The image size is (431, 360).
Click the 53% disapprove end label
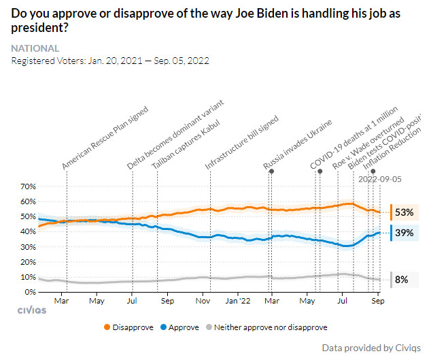click(404, 212)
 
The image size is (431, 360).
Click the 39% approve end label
click(404, 233)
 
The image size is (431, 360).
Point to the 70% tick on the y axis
click(28, 186)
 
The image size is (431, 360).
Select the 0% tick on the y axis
click(31, 292)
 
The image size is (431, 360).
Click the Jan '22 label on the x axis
click(239, 300)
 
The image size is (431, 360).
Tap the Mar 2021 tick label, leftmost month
click(62, 300)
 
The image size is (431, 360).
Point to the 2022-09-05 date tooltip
click(379, 179)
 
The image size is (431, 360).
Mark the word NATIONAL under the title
click(35, 48)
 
